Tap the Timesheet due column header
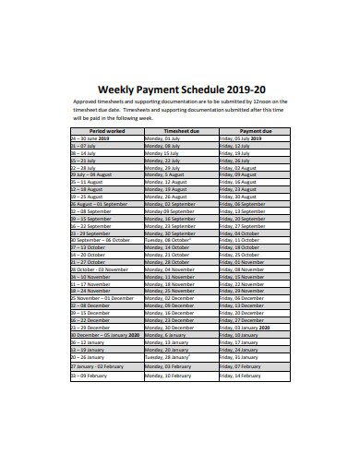click(x=181, y=131)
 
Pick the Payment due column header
click(x=255, y=131)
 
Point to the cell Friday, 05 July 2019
click(x=243, y=138)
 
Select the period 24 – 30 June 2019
click(x=90, y=138)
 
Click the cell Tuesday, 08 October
click(x=167, y=240)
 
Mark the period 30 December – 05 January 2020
click(x=104, y=334)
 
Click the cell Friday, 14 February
click(x=242, y=376)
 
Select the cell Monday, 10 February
click(x=167, y=376)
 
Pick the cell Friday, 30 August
click(x=238, y=197)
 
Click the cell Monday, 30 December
click(x=169, y=334)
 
